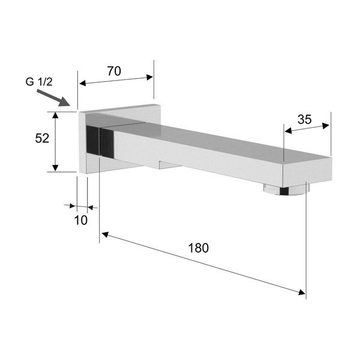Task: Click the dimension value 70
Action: coord(114,71)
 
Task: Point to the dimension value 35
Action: coord(304,119)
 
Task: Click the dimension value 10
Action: coord(81,220)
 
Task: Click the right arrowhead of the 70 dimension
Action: coord(150,77)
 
